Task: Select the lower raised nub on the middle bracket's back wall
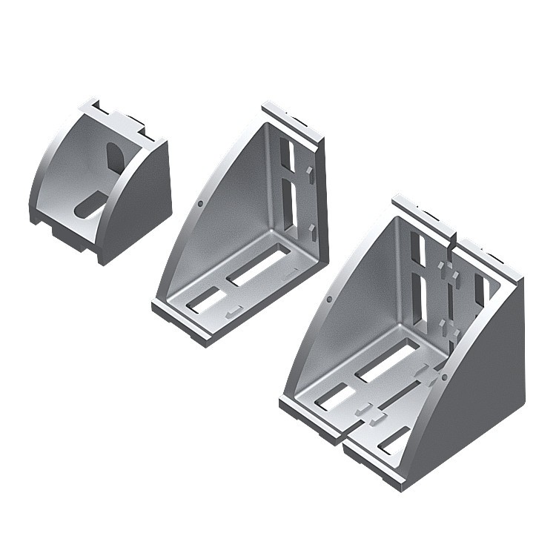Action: tap(313, 229)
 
